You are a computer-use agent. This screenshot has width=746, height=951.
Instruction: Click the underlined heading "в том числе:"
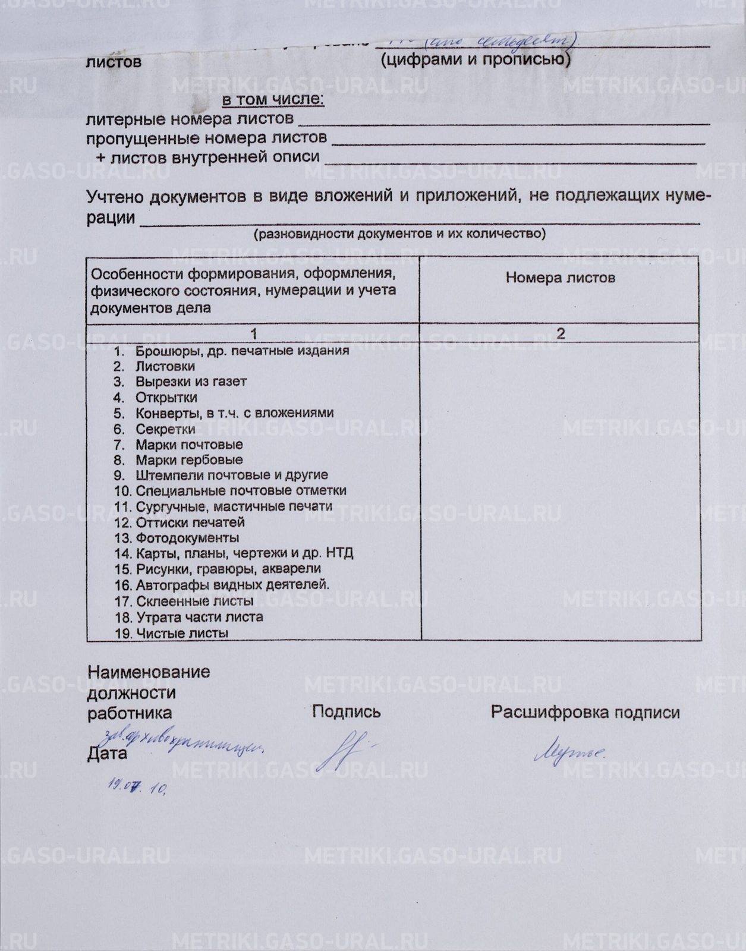[x=273, y=99]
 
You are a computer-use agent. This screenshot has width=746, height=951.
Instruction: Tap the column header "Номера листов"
[x=560, y=278]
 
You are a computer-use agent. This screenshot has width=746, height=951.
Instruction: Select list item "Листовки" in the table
[x=165, y=366]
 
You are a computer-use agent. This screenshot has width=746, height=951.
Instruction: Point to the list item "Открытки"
[x=166, y=397]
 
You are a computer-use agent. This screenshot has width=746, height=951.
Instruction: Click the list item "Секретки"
[x=165, y=429]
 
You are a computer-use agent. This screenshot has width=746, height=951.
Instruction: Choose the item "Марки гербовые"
[x=189, y=459]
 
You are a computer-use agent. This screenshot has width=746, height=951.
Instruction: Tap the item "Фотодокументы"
[x=187, y=537]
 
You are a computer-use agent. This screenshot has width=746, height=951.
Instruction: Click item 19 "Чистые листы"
[x=182, y=633]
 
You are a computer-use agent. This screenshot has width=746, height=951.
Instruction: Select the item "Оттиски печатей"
[x=190, y=522]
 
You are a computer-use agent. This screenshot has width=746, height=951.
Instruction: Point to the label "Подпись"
[x=346, y=711]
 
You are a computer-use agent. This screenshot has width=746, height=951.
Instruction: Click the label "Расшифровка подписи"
[x=585, y=712]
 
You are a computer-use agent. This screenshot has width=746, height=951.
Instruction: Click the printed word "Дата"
[x=107, y=754]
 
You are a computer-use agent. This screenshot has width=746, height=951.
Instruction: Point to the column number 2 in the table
[x=560, y=333]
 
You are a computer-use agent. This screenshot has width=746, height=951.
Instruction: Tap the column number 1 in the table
[x=254, y=333]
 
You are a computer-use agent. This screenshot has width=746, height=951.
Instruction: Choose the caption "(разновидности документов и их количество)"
[x=399, y=234]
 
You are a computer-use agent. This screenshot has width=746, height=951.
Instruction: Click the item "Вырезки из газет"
[x=190, y=382]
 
